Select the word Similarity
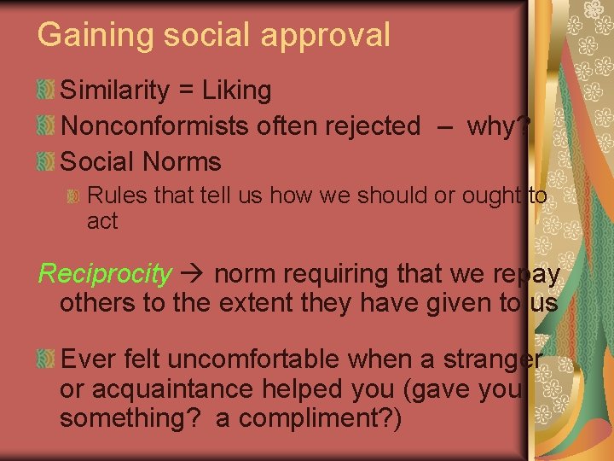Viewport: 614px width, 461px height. pos(116,90)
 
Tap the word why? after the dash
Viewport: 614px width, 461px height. pos(500,125)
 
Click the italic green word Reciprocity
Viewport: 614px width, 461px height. pos(105,274)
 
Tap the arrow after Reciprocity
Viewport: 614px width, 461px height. pos(193,274)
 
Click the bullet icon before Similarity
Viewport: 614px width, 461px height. pos(47,89)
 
